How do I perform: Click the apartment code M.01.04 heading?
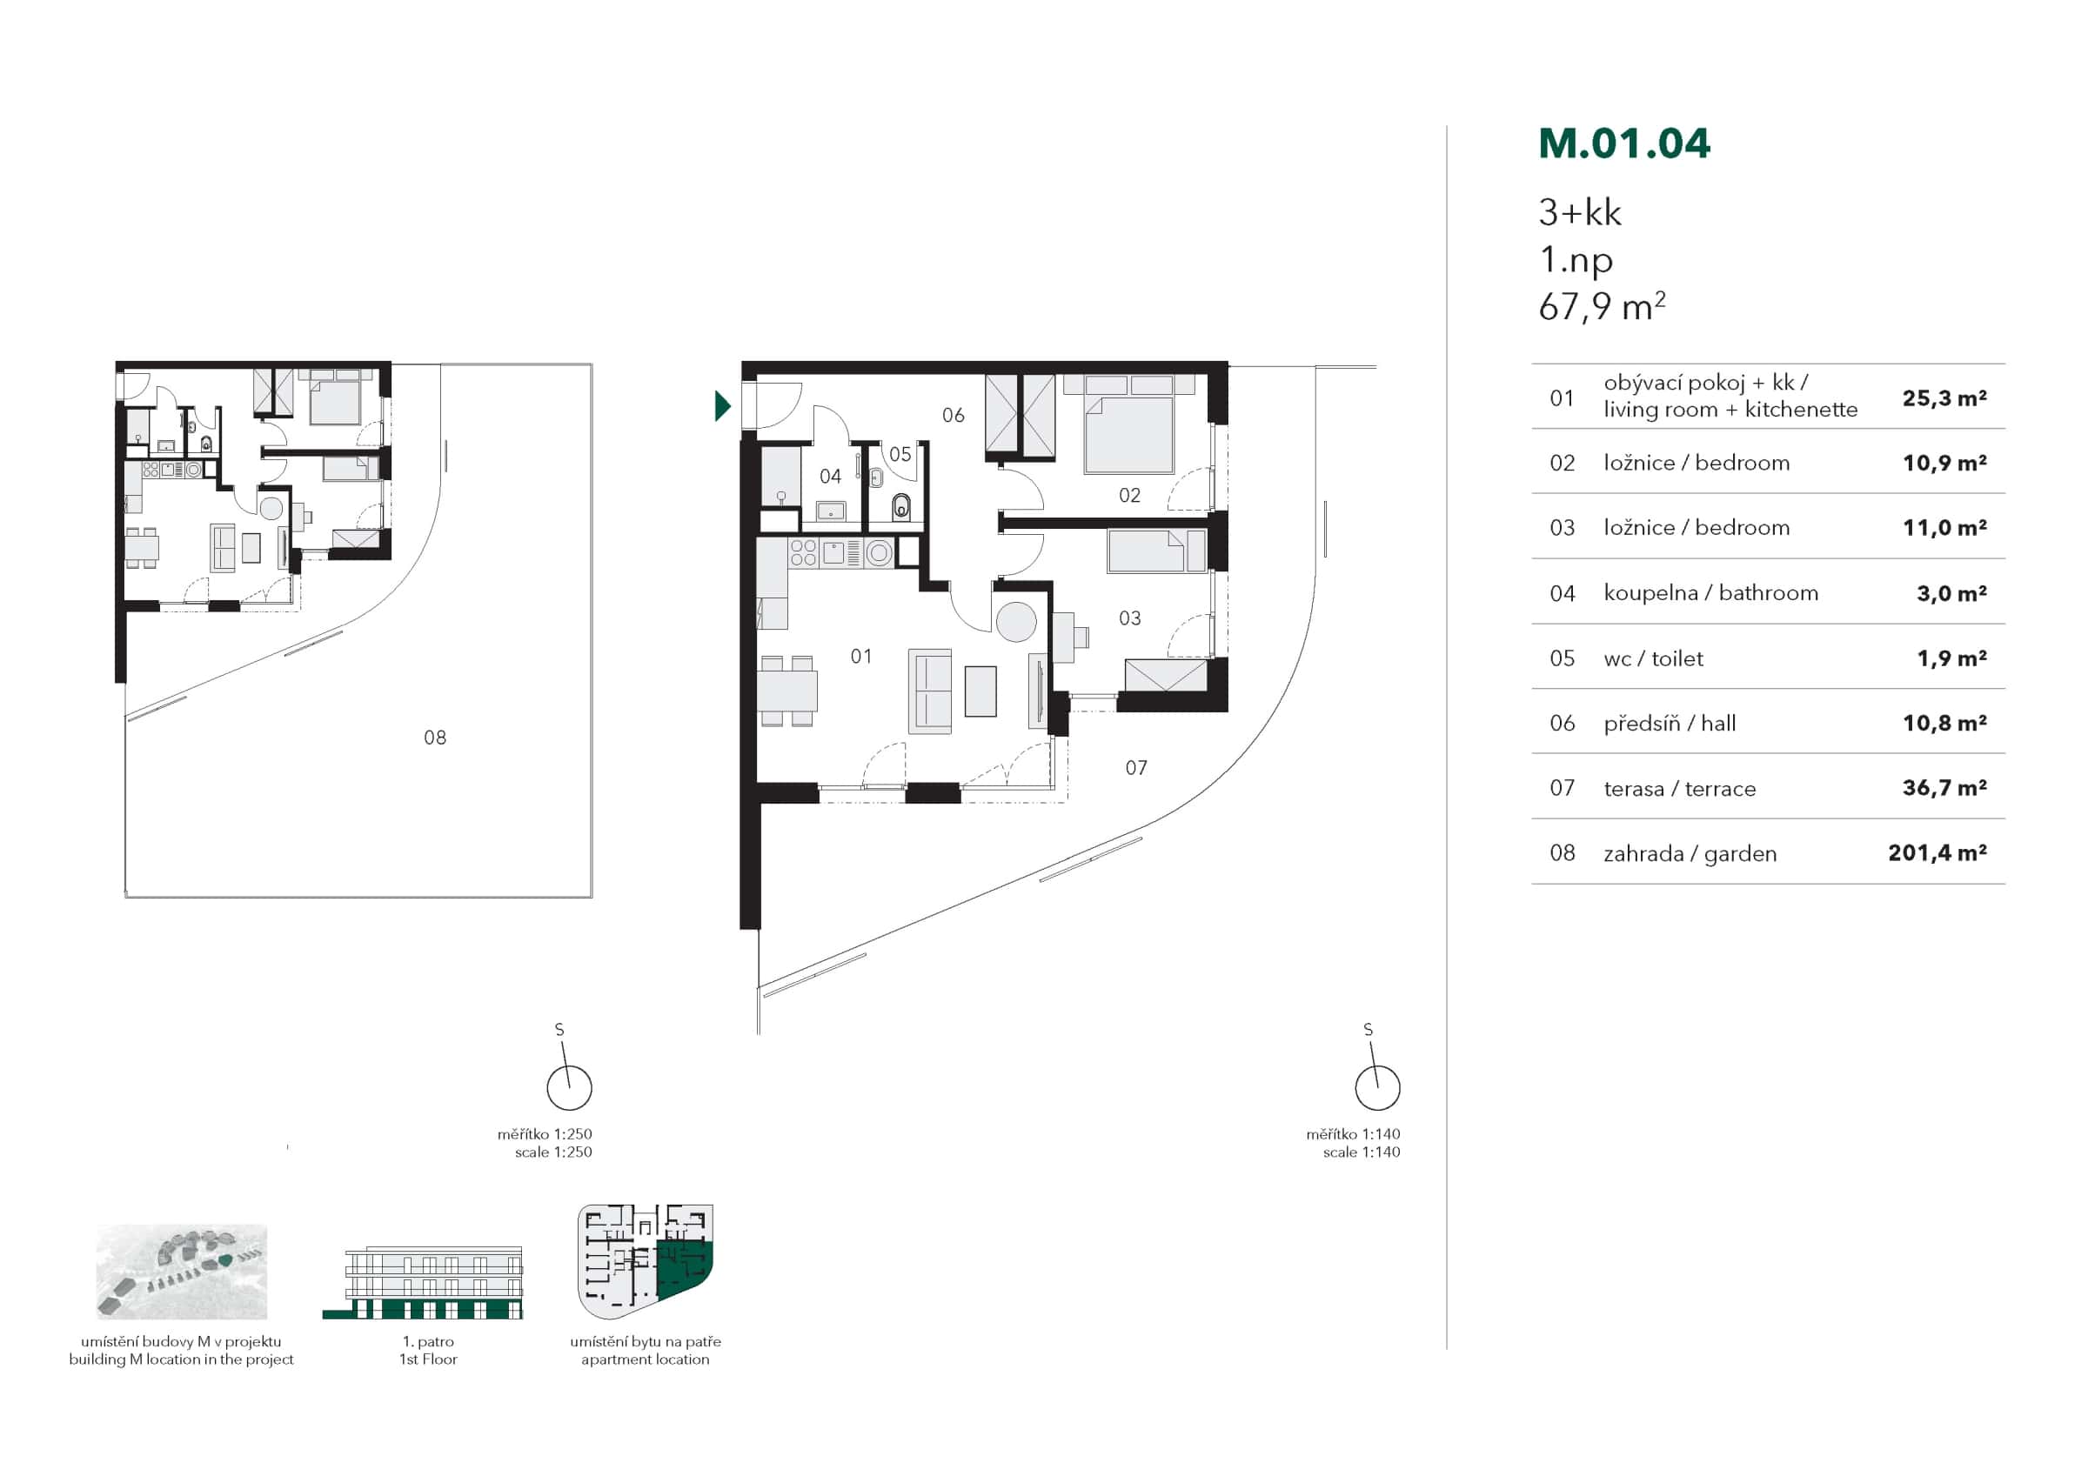(1623, 144)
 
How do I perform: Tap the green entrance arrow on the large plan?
(722, 405)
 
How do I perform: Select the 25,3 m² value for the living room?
(1944, 398)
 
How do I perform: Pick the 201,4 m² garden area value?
(1936, 853)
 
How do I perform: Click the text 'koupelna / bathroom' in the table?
(1710, 593)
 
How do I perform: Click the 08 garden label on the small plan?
(435, 738)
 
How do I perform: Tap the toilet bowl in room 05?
(900, 506)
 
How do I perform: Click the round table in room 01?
(1016, 623)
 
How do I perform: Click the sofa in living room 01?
(929, 691)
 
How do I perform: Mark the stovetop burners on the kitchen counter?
(803, 553)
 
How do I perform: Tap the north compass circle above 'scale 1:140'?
(1377, 1088)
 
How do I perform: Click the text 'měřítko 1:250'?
(544, 1134)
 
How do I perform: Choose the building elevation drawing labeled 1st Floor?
(423, 1282)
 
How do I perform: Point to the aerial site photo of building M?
(182, 1272)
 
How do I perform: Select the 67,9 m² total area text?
(1601, 307)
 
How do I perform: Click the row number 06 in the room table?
(1562, 723)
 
